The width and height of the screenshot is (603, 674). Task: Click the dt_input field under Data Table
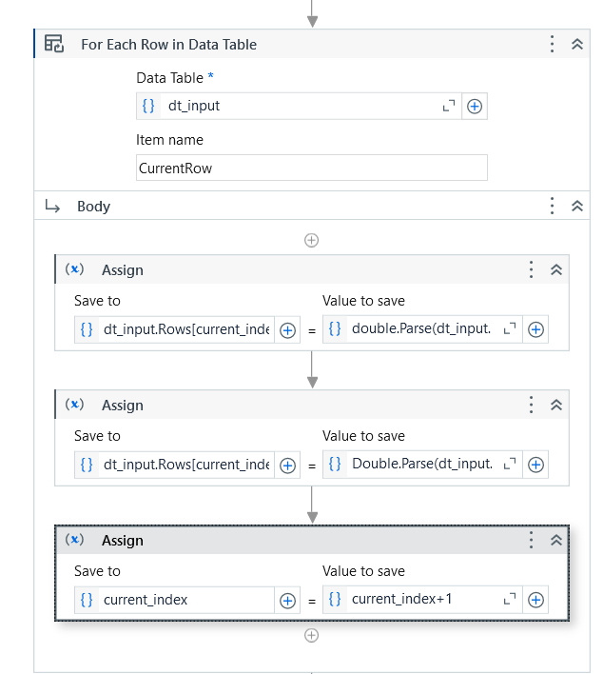(299, 106)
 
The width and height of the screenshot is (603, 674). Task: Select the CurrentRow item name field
(311, 168)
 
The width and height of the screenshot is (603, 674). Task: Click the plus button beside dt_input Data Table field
(475, 107)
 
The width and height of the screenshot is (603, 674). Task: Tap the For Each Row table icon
(54, 44)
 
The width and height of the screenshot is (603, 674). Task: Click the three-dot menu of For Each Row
(553, 45)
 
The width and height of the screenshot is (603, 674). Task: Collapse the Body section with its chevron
(577, 206)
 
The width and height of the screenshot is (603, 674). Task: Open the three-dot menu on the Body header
(553, 206)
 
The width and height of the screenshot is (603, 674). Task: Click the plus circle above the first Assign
(311, 240)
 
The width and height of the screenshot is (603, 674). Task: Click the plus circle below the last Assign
(311, 635)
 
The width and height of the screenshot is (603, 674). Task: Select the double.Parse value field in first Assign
(422, 329)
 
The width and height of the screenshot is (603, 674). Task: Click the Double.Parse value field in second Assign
(422, 465)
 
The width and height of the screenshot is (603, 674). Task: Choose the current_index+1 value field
(422, 600)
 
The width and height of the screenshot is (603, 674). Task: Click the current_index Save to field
(174, 600)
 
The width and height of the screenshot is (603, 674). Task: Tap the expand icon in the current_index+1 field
(510, 599)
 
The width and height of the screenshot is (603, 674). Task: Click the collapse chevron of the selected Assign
(556, 540)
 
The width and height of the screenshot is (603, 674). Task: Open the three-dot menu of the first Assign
(532, 269)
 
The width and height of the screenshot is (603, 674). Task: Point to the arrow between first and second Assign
(312, 369)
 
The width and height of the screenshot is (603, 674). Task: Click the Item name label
(169, 140)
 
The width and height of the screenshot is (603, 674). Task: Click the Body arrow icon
(52, 207)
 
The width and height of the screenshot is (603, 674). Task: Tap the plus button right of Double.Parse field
(536, 465)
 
